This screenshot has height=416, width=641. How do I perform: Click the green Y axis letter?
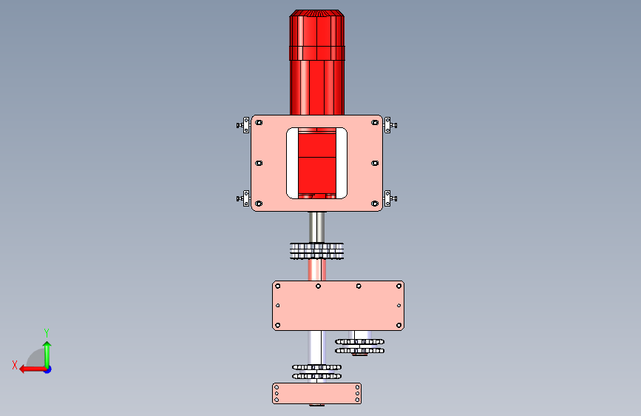tap(47, 332)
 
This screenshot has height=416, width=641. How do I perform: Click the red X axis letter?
tap(15, 365)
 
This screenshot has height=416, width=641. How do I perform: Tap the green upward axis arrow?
tap(47, 354)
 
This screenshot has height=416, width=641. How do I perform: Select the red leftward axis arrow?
tap(33, 369)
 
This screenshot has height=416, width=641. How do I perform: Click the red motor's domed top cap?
tap(317, 13)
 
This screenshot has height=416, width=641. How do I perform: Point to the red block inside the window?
tap(317, 163)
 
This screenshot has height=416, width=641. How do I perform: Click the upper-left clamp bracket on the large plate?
tap(244, 125)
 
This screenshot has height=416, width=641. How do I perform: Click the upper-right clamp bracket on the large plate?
tap(390, 125)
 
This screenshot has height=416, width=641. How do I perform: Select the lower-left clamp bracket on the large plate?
tap(244, 198)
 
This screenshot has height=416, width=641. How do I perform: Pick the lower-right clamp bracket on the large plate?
tap(390, 198)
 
